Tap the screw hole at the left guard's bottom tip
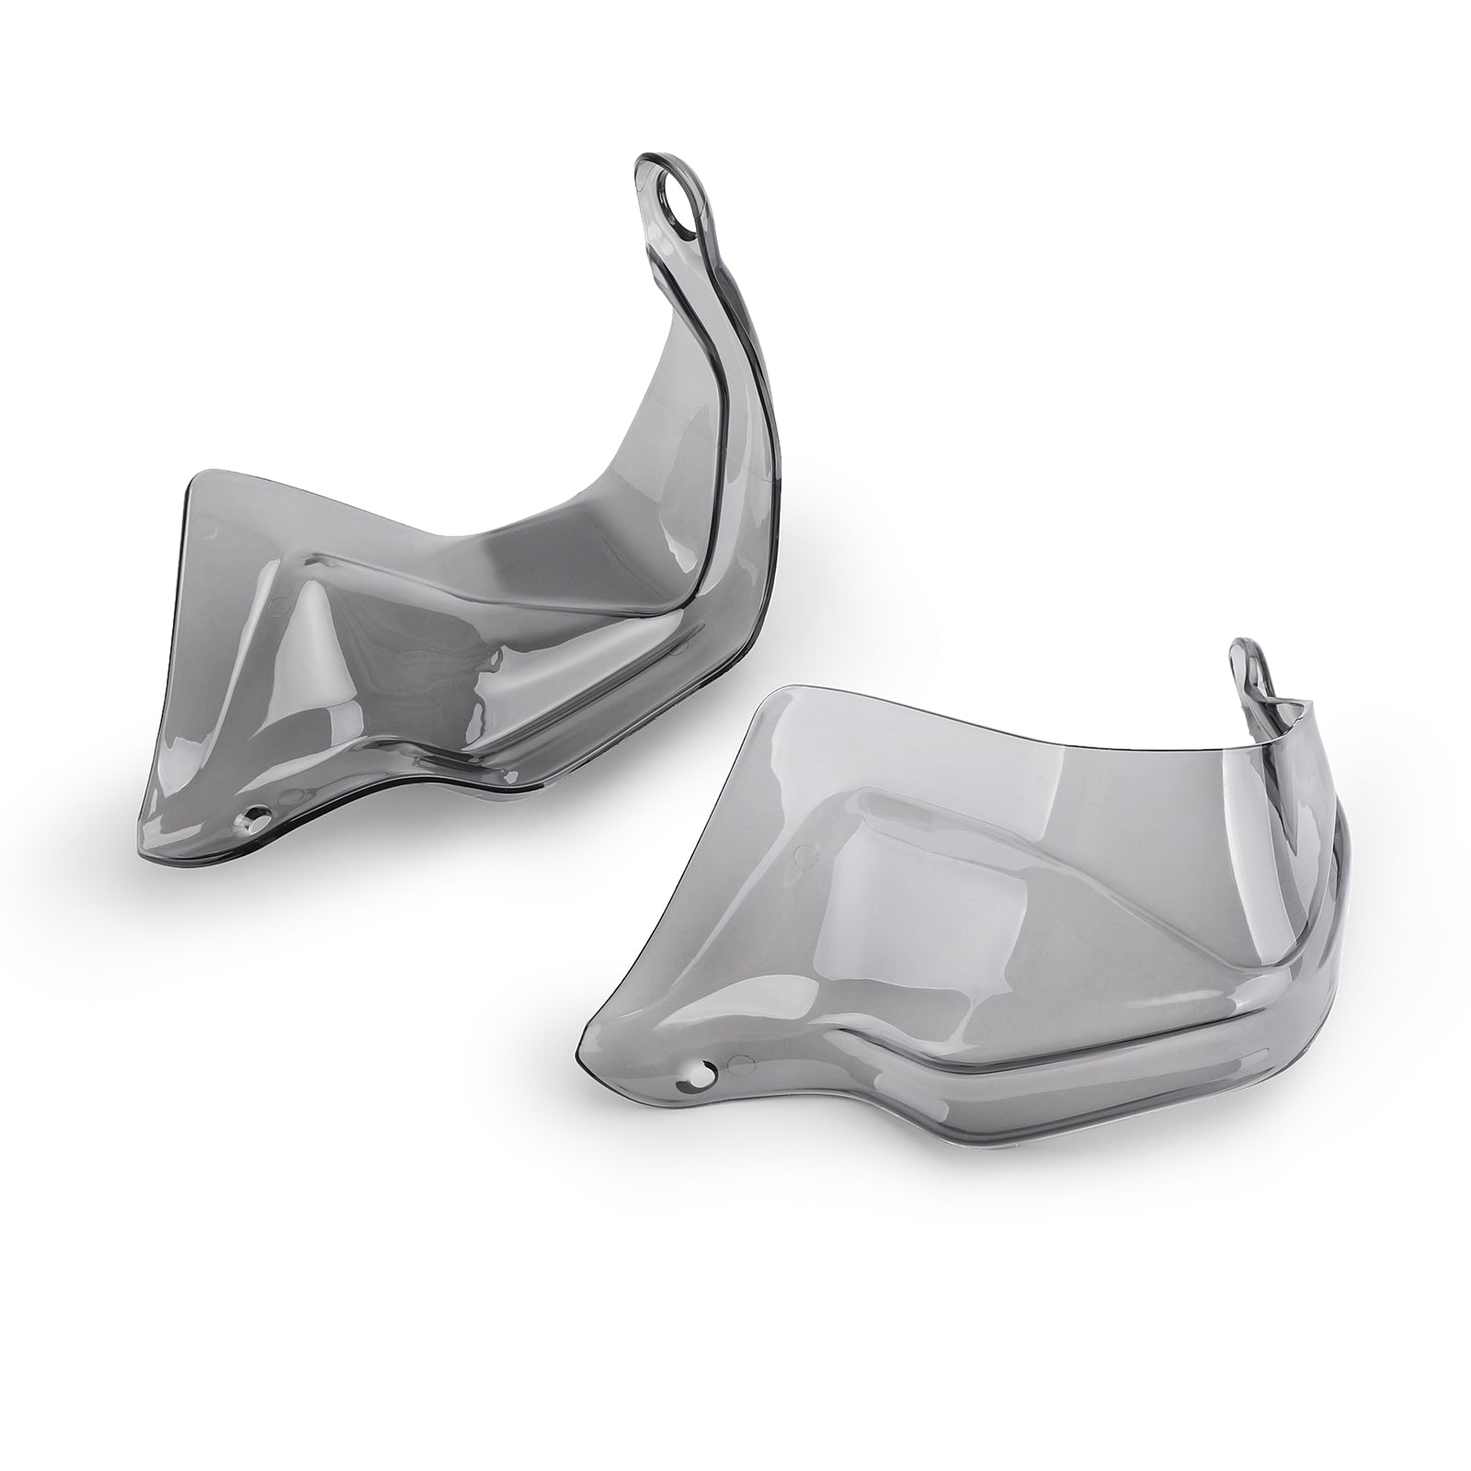pos(255,815)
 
